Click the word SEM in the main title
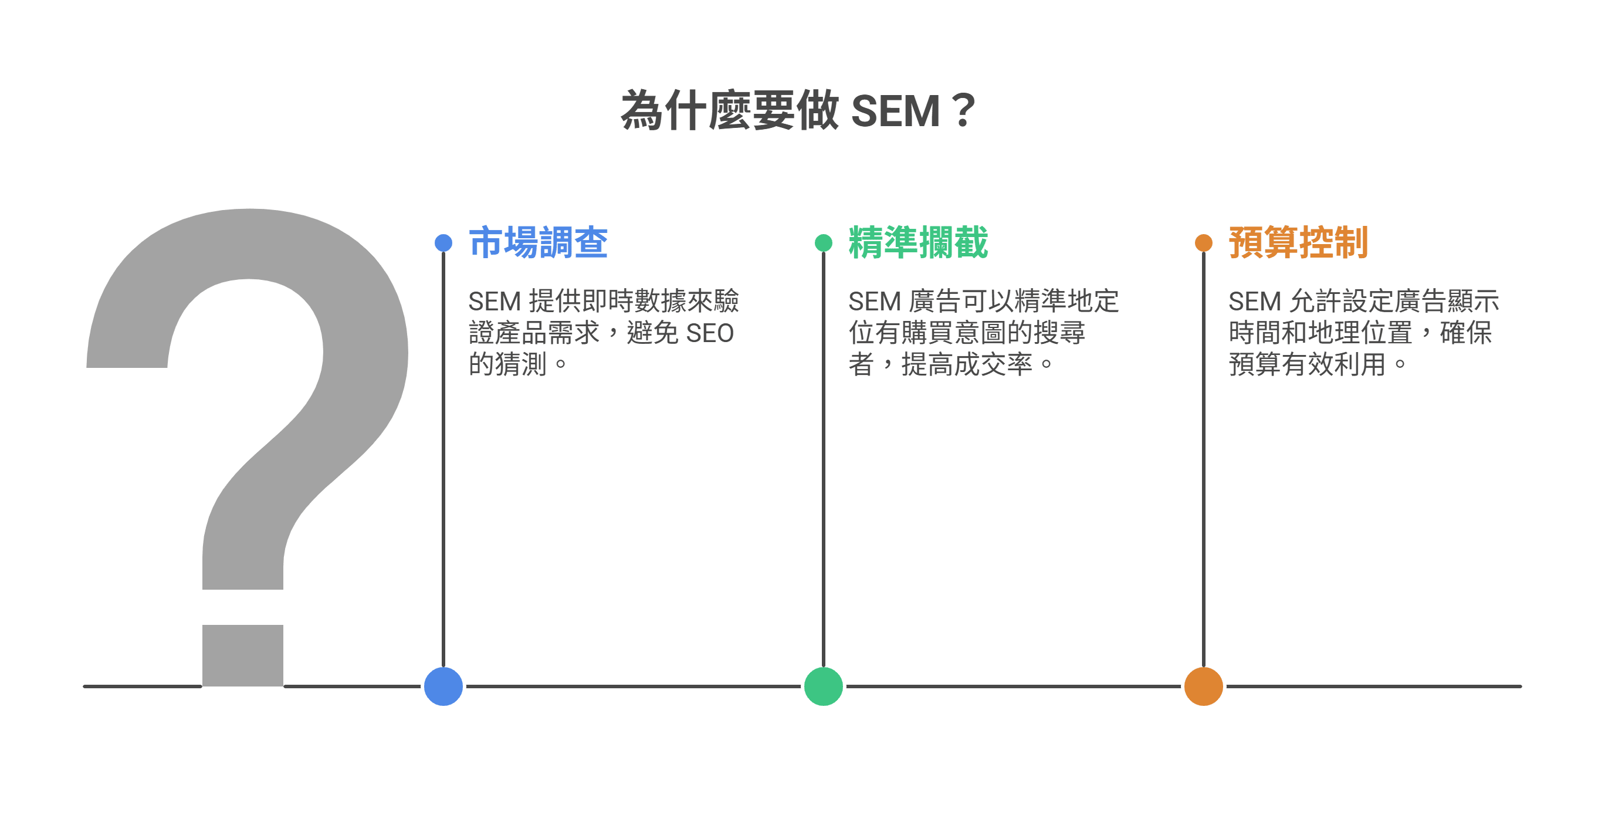[895, 111]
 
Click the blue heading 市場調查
[539, 242]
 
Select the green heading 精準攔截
[919, 242]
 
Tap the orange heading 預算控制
[1298, 242]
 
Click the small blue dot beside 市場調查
[443, 243]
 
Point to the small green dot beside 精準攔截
[824, 243]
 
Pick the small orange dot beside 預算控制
[1204, 243]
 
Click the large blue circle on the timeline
[443, 686]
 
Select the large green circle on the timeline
[824, 686]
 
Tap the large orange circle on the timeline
[1204, 686]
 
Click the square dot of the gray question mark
[243, 655]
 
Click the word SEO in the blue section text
[710, 333]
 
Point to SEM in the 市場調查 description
[494, 302]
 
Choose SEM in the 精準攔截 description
[874, 302]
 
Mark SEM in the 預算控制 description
[1254, 302]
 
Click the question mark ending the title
[963, 111]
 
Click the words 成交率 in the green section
[993, 364]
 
